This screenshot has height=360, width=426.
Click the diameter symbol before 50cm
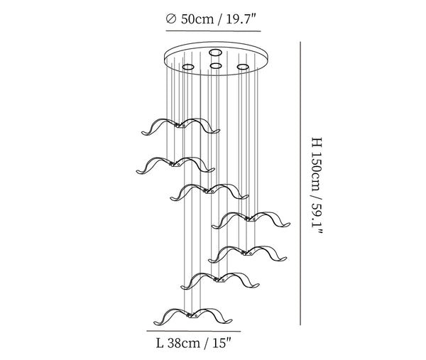click(x=170, y=19)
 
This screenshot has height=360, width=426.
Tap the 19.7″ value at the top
click(x=241, y=19)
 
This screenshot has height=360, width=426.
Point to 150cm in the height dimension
click(x=317, y=171)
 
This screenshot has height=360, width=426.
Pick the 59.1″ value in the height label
click(x=317, y=218)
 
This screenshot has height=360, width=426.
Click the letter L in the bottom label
click(x=160, y=344)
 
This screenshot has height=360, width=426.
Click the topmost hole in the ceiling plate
click(x=215, y=52)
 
